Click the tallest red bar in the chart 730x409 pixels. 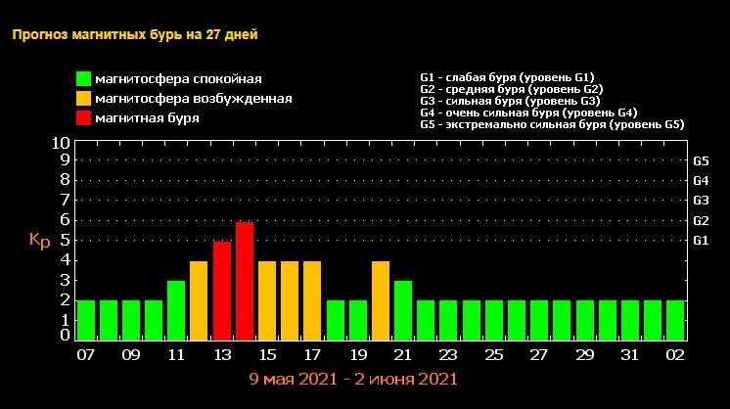pyautogui.click(x=244, y=281)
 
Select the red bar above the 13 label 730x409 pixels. pyautogui.click(x=221, y=291)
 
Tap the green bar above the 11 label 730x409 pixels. pyautogui.click(x=176, y=310)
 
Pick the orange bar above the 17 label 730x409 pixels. pyautogui.click(x=311, y=300)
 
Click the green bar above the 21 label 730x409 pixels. pyautogui.click(x=402, y=310)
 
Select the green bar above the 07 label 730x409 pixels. pyautogui.click(x=85, y=320)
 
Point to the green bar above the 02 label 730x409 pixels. pyautogui.click(x=674, y=320)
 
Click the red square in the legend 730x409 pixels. pyautogui.click(x=85, y=118)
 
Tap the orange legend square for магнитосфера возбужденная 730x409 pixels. pyautogui.click(x=85, y=99)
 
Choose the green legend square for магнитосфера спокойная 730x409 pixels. pyautogui.click(x=85, y=79)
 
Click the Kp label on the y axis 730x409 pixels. pyautogui.click(x=39, y=240)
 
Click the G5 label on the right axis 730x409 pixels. pyautogui.click(x=701, y=160)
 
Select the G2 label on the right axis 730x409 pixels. pyautogui.click(x=701, y=220)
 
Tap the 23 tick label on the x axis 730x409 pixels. pyautogui.click(x=448, y=354)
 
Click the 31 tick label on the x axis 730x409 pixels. pyautogui.click(x=629, y=354)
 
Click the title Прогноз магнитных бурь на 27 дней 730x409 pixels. pyautogui.click(x=135, y=35)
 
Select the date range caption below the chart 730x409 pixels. pyautogui.click(x=353, y=378)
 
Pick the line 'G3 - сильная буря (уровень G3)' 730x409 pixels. pyautogui.click(x=510, y=101)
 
